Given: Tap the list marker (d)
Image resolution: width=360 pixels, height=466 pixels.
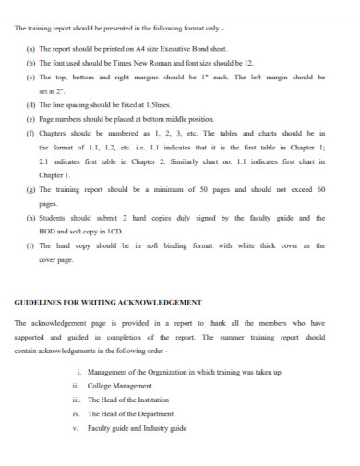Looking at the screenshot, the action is click(30, 105).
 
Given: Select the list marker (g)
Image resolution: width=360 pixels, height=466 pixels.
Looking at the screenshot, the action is click(30, 189).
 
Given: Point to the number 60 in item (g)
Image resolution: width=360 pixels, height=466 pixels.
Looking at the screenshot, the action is click(319, 189).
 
